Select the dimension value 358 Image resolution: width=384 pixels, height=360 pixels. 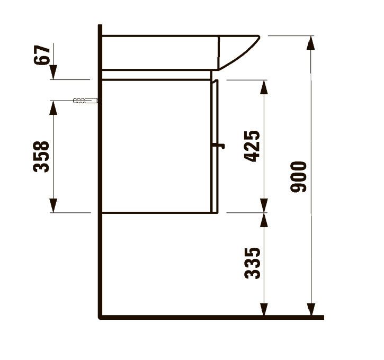42,156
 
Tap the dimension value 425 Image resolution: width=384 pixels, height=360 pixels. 253,146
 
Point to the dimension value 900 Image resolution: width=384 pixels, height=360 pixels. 300,176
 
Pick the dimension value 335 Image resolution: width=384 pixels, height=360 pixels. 253,263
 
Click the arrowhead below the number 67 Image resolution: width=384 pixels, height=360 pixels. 53,73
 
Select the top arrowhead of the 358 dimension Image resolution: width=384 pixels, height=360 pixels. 53,106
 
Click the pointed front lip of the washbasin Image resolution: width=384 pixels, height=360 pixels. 257,37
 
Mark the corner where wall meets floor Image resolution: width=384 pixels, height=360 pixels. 100,317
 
